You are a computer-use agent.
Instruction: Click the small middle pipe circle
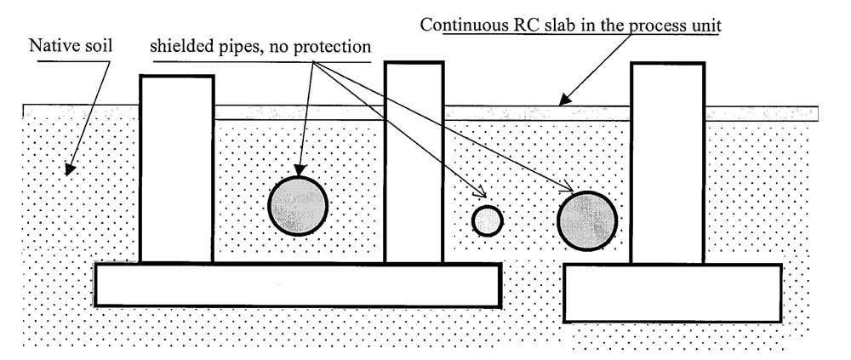pyautogui.click(x=488, y=220)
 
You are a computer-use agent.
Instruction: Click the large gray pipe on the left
pyautogui.click(x=298, y=206)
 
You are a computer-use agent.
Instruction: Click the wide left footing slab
pyautogui.click(x=297, y=284)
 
